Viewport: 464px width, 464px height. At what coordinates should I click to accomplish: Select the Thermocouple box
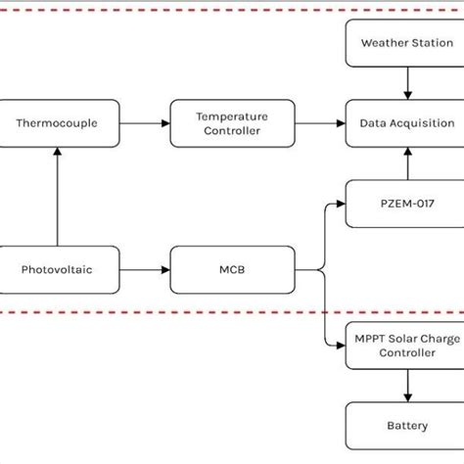(x=59, y=123)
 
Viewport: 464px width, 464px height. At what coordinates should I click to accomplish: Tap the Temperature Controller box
(x=232, y=123)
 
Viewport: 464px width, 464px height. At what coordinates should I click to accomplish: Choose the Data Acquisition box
(x=406, y=123)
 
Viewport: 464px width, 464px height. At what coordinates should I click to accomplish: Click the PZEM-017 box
(x=406, y=204)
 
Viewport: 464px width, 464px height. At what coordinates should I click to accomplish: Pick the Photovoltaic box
(x=59, y=269)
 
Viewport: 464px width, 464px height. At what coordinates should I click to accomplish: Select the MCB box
(x=232, y=269)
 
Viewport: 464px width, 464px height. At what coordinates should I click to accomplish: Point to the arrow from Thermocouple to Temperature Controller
(x=145, y=123)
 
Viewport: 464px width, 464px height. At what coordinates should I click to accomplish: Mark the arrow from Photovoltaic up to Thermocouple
(x=58, y=196)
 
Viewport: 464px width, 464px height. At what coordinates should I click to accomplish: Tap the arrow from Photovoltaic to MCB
(x=145, y=269)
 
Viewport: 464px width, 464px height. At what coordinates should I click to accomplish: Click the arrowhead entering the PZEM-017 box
(x=340, y=204)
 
